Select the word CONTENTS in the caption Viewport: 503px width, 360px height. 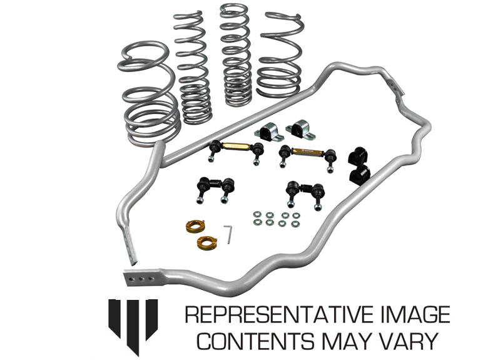click(x=256, y=341)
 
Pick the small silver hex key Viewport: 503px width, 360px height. click(x=228, y=234)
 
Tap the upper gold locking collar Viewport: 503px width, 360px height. click(x=195, y=227)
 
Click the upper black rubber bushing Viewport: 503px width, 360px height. click(x=357, y=156)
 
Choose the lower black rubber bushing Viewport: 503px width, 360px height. click(x=359, y=176)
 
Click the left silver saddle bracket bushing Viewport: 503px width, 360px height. click(x=269, y=131)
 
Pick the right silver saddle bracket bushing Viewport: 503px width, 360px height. click(x=300, y=130)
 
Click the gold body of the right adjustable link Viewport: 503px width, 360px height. click(x=307, y=151)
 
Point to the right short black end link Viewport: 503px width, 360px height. click(x=305, y=193)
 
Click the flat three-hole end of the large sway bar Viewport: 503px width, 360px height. click(x=141, y=279)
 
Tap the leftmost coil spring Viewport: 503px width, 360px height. click(x=148, y=94)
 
